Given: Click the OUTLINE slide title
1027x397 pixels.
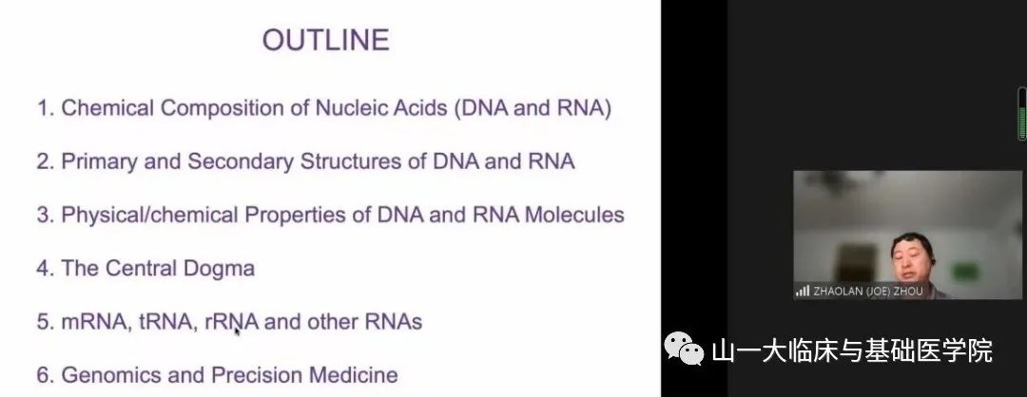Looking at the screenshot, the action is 325,41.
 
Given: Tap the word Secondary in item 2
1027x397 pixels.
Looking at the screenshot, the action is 241,161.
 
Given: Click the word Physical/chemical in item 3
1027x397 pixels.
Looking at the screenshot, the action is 149,216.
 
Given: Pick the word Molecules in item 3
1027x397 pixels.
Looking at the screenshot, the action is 574,216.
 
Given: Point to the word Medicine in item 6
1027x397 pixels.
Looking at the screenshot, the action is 353,375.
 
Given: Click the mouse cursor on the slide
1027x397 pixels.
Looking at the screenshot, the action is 237,331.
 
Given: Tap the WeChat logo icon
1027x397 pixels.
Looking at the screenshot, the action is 684,348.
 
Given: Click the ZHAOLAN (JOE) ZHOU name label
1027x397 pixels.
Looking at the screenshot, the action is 868,292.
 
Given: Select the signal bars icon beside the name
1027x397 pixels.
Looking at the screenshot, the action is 803,292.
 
